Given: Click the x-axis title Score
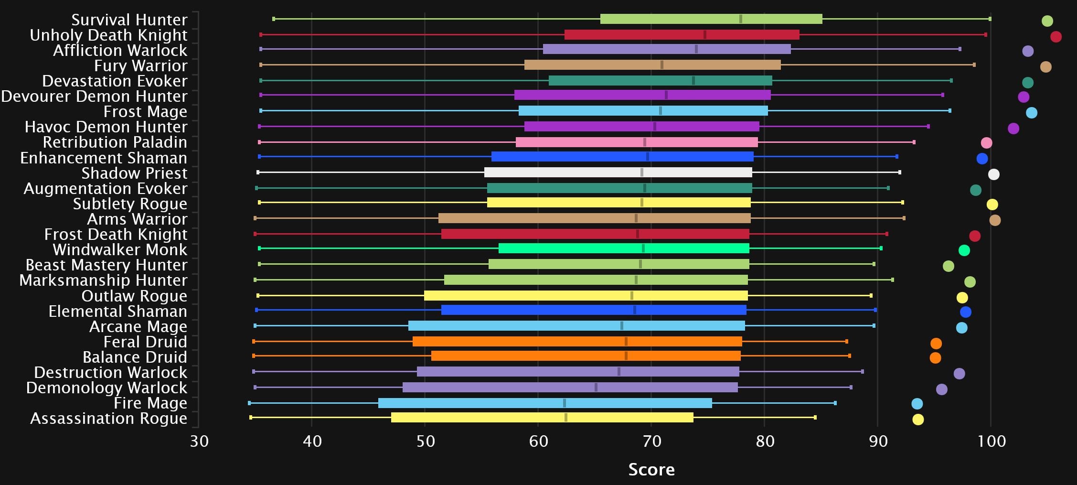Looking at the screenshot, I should [651, 469].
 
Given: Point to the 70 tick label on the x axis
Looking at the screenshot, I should [651, 441].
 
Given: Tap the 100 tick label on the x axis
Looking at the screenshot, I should [991, 441].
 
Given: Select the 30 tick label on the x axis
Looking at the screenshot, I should [199, 441].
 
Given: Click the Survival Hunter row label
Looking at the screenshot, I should [129, 20].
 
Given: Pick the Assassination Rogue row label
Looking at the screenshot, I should [108, 418].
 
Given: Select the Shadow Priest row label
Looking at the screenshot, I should [134, 173].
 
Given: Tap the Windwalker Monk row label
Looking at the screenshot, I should [120, 249].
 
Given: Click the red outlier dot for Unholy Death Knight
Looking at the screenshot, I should [1056, 37].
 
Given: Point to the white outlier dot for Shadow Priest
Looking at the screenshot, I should [993, 174].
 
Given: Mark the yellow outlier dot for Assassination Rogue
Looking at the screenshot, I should [917, 420].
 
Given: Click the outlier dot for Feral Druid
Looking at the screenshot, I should [936, 344].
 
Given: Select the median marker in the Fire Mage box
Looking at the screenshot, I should [564, 403].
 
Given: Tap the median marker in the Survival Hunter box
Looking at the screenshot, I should [740, 19].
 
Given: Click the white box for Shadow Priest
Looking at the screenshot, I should [618, 172].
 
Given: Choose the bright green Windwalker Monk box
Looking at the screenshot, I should [624, 248].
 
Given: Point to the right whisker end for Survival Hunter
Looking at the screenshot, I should [990, 19].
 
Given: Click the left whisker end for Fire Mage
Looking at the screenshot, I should [249, 403].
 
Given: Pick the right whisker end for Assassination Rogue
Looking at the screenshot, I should [815, 417].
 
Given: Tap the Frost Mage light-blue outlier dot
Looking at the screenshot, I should [1031, 113].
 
